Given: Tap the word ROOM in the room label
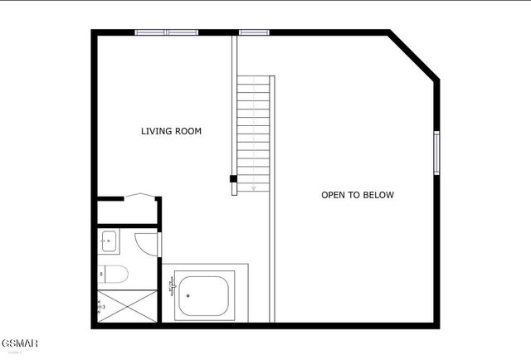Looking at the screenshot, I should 188,131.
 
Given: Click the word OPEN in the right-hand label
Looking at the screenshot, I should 334,196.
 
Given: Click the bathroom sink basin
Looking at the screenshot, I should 107,242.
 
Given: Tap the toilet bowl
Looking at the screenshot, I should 115,274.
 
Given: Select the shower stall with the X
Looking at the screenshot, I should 127,305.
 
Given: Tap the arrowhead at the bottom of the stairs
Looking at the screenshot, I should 254,188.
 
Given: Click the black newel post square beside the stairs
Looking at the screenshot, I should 233,178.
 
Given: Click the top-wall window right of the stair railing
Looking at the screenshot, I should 254,32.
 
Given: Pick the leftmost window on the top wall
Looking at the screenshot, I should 150,32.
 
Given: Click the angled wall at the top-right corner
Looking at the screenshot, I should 414,56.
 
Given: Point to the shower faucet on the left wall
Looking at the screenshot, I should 101,306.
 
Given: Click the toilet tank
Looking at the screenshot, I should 101,274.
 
